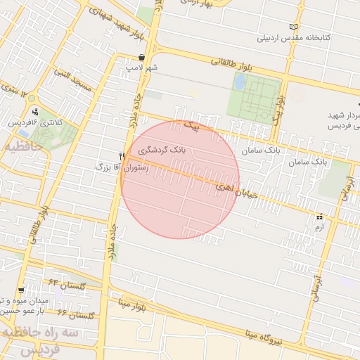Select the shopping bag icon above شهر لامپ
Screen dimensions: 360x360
[142, 58]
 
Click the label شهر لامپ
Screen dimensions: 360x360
[142, 68]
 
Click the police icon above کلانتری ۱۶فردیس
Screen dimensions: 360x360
[35, 111]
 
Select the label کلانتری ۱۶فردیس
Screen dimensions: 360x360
[35, 122]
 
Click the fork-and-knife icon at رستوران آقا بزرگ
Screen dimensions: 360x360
[122, 157]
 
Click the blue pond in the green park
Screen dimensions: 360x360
[240, 82]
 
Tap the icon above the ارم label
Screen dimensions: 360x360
[320, 217]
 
